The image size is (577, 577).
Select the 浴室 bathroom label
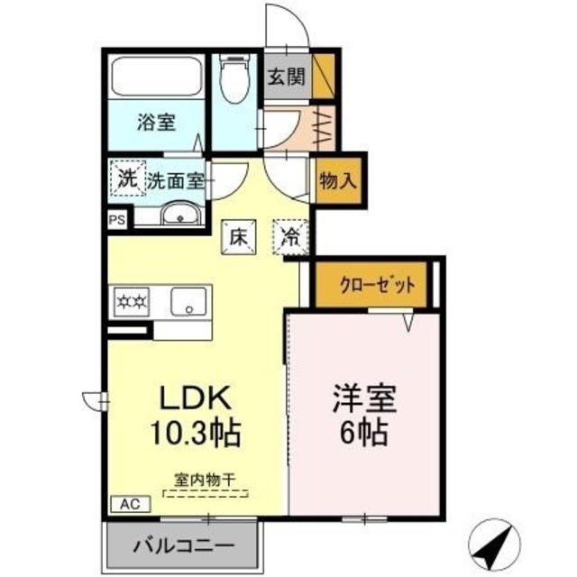click(155, 124)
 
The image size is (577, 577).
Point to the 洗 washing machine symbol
click(126, 178)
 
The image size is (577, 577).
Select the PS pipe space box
click(117, 218)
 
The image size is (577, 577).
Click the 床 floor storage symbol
click(238, 237)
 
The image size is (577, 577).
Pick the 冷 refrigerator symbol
click(291, 237)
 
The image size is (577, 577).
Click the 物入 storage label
click(337, 179)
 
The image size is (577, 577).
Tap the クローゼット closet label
click(378, 285)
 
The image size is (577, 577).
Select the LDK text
click(197, 398)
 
